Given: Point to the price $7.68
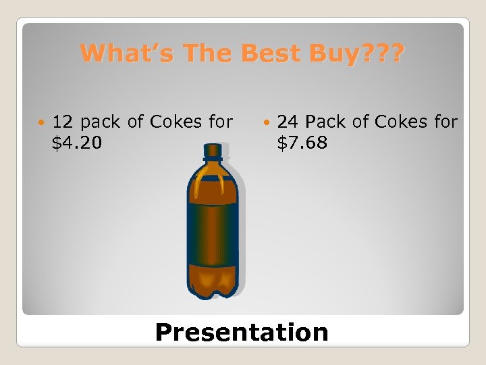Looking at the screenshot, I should (302, 143).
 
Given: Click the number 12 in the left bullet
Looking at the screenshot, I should (63, 122).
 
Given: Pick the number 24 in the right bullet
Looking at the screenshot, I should (289, 122).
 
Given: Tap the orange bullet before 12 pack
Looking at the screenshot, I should (43, 123).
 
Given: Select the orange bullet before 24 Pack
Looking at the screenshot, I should (269, 123).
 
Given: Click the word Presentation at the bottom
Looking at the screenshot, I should (242, 332).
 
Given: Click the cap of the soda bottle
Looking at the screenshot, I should (213, 149).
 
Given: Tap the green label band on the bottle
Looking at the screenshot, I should (213, 227).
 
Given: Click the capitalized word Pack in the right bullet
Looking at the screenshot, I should (327, 122).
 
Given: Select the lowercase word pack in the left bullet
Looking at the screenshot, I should (101, 122).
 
